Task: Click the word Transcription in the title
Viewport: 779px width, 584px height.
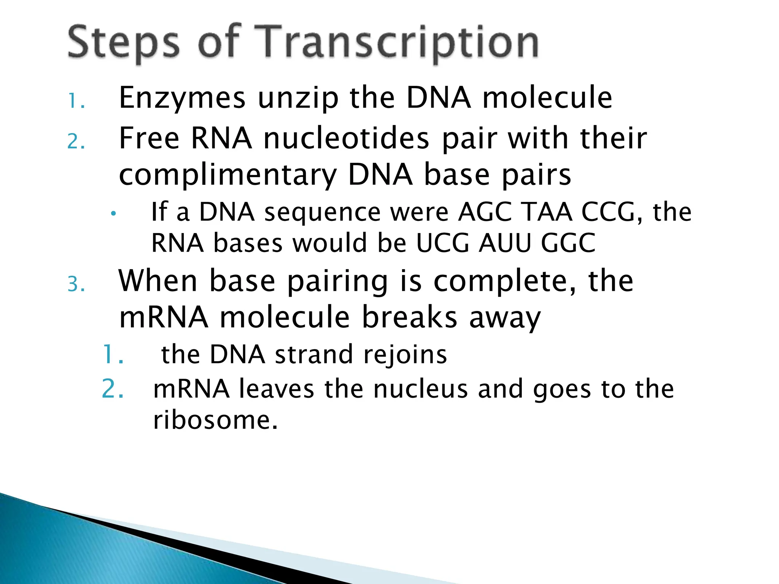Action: click(x=399, y=43)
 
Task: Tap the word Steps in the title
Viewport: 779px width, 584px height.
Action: click(x=124, y=43)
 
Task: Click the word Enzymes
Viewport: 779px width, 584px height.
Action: click(x=182, y=98)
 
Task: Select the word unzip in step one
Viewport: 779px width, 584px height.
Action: click(x=298, y=98)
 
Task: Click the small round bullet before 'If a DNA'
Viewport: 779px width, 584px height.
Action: click(x=113, y=214)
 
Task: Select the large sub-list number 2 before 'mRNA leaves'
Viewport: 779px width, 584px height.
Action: click(x=113, y=389)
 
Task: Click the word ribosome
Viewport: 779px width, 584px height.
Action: click(x=215, y=421)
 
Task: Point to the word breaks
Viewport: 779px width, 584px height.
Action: click(x=409, y=317)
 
